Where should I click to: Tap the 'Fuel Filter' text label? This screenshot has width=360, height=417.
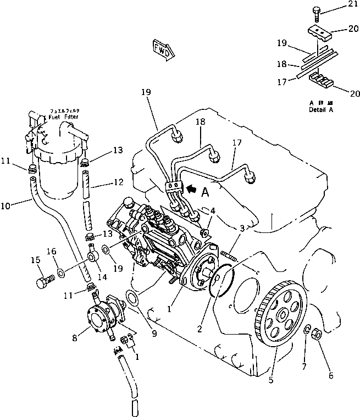63,116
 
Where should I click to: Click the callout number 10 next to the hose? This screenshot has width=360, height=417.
5,206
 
